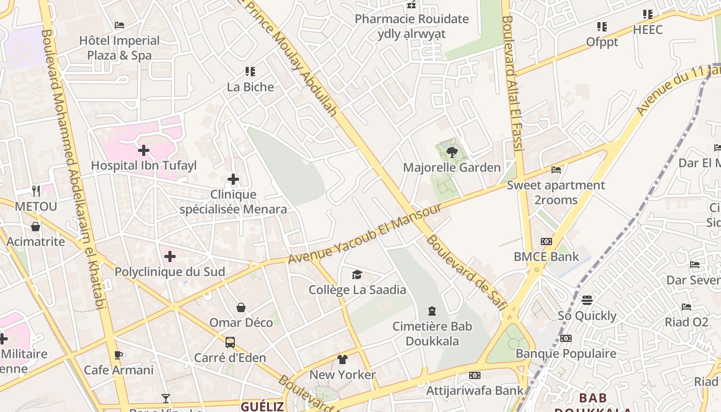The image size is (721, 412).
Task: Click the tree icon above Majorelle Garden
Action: pyautogui.click(x=452, y=152)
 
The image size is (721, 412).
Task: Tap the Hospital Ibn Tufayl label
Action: pyautogui.click(x=144, y=166)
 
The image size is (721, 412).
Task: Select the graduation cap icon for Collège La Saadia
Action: pyautogui.click(x=357, y=275)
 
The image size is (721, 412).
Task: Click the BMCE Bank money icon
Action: pyautogui.click(x=546, y=242)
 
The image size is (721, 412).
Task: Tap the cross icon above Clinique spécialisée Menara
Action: pyautogui.click(x=233, y=179)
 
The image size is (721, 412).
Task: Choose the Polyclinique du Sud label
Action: pyautogui.click(x=169, y=272)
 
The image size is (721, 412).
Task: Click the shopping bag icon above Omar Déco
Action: pyautogui.click(x=241, y=307)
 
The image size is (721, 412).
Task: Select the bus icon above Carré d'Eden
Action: pyautogui.click(x=230, y=342)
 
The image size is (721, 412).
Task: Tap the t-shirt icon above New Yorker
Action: pyautogui.click(x=342, y=359)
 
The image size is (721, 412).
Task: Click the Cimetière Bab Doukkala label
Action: pyautogui.click(x=432, y=333)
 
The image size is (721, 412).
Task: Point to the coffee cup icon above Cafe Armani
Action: pyautogui.click(x=118, y=355)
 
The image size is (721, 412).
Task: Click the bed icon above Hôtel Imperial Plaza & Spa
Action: pyautogui.click(x=119, y=25)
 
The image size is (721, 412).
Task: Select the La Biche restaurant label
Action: pyautogui.click(x=250, y=87)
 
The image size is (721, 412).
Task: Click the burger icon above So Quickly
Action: pyautogui.click(x=587, y=300)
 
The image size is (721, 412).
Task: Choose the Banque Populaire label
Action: pyautogui.click(x=565, y=353)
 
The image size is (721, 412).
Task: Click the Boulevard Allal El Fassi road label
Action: pyautogui.click(x=512, y=82)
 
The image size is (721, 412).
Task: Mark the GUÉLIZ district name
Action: pyautogui.click(x=262, y=406)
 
